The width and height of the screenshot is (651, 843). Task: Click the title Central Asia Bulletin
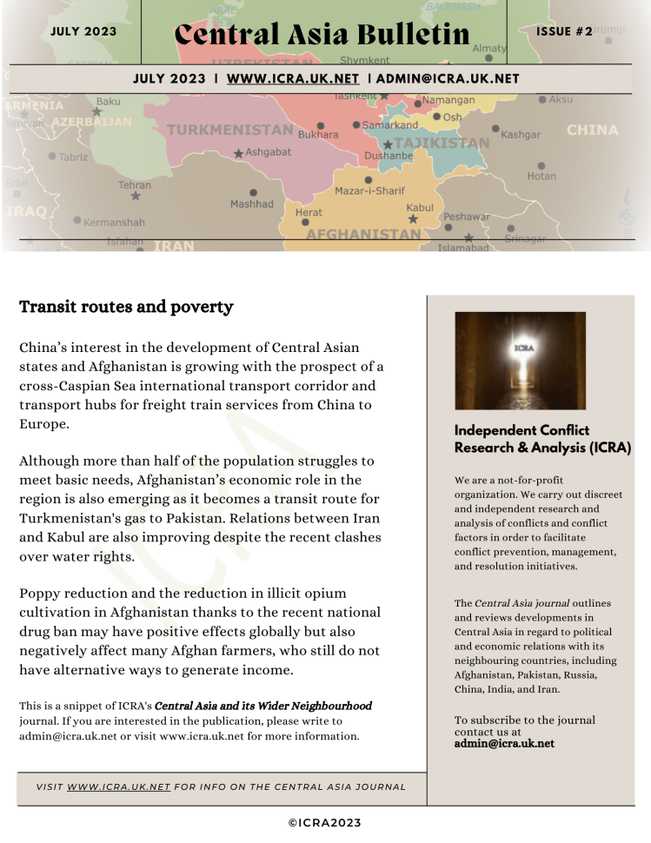[322, 35]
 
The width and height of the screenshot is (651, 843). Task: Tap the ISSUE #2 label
[564, 32]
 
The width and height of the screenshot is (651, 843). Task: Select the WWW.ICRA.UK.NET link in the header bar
[293, 79]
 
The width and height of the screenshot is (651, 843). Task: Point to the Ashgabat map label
[269, 152]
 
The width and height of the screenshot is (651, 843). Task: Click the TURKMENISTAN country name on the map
[229, 130]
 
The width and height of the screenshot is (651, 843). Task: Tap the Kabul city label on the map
[420, 208]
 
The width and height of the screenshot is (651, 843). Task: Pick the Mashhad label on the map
[251, 204]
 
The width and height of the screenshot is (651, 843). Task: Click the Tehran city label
[135, 185]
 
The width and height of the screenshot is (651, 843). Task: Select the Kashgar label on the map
[521, 135]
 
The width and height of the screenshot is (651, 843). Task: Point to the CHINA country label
[592, 130]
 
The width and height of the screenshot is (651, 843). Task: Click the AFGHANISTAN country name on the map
[363, 235]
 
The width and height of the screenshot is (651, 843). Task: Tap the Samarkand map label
[390, 125]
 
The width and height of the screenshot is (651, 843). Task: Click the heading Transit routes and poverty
[126, 307]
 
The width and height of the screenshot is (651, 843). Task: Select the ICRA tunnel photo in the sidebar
[520, 361]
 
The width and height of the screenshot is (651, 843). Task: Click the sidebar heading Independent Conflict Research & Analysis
[542, 439]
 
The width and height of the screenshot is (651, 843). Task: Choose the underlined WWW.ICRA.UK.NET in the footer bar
[118, 787]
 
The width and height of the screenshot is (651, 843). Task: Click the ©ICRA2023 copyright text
[324, 823]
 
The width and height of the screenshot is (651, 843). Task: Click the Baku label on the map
[109, 102]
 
